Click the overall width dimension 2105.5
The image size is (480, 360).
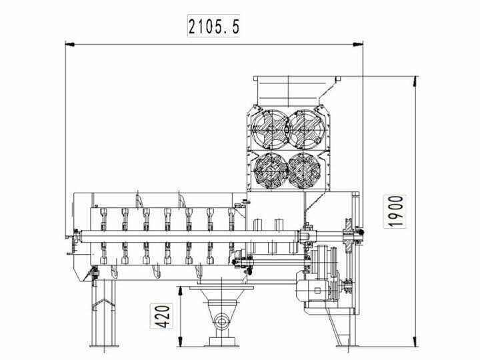point(213,27)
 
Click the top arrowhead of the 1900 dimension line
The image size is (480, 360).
point(415,78)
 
